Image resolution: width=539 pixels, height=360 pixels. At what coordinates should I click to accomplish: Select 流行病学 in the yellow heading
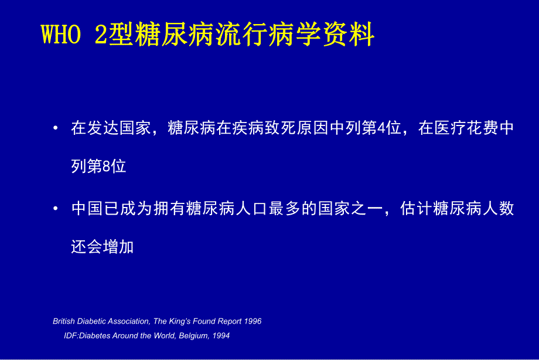pyautogui.click(x=271, y=36)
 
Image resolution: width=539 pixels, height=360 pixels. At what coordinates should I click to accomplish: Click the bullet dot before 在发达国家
pyautogui.click(x=55, y=128)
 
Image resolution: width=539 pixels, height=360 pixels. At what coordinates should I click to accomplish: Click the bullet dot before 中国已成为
pyautogui.click(x=55, y=208)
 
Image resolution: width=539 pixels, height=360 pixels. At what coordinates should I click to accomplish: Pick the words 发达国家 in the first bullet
pyautogui.click(x=118, y=128)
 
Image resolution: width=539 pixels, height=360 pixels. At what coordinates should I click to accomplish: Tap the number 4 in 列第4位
pyautogui.click(x=381, y=128)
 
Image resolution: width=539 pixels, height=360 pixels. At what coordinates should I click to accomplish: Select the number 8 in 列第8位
pyautogui.click(x=106, y=167)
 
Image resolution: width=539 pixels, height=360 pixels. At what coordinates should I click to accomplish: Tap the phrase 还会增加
pyautogui.click(x=103, y=246)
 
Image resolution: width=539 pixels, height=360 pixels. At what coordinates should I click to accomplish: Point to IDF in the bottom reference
pyautogui.click(x=71, y=336)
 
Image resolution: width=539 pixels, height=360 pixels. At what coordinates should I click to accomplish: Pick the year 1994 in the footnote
pyautogui.click(x=221, y=336)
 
